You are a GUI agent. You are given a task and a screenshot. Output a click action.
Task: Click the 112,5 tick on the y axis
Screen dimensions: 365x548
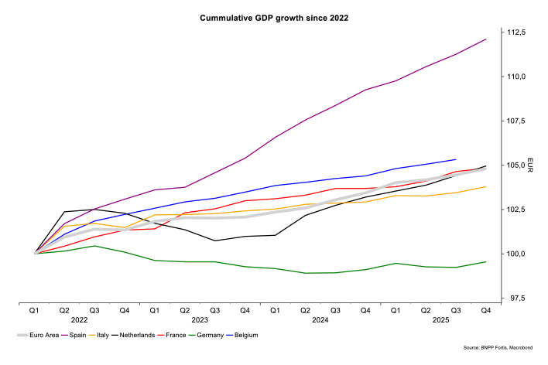click(516, 32)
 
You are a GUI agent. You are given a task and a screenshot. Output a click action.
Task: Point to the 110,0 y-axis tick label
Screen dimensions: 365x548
click(516, 77)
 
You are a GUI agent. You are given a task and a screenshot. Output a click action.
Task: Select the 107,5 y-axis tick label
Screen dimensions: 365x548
click(516, 121)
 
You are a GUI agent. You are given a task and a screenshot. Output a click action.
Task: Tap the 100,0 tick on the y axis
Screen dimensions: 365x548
click(516, 254)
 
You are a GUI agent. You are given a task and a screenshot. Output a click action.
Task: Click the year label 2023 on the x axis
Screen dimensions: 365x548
click(200, 319)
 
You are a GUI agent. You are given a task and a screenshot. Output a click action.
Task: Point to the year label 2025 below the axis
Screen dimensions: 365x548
click(441, 319)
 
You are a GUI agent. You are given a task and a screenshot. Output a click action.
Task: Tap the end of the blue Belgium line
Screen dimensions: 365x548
click(455, 159)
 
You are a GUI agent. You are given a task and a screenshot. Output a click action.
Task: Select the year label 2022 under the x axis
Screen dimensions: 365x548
click(79, 319)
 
